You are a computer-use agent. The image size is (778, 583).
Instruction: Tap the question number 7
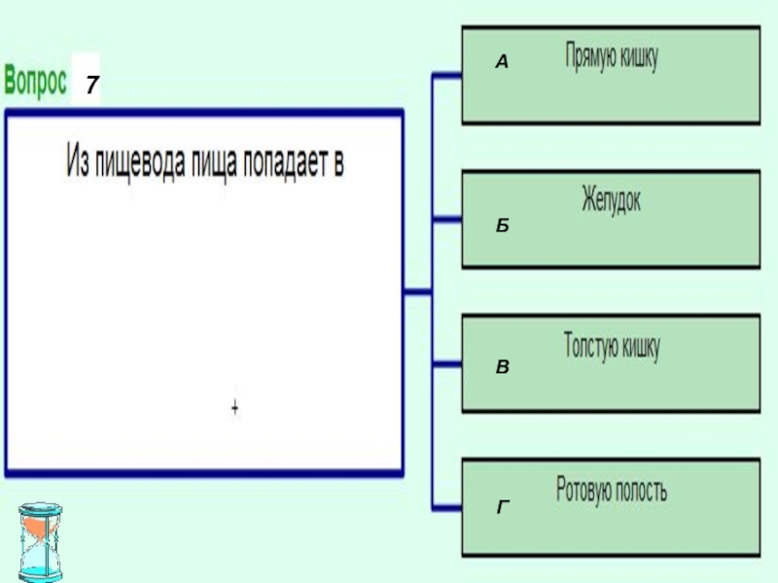[x=89, y=86]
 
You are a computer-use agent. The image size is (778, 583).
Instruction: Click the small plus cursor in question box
[x=234, y=407]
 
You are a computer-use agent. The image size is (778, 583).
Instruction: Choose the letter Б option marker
[x=502, y=224]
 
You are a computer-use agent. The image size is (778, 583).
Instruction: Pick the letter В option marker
[x=502, y=367]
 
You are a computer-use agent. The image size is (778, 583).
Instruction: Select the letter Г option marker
[x=503, y=507]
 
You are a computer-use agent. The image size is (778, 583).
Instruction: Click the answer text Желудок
[x=611, y=202]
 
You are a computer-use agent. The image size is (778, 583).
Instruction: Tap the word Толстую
[x=591, y=347]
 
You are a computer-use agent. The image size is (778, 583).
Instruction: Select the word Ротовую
[x=587, y=490]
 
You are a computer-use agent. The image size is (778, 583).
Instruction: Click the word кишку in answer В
[x=641, y=347]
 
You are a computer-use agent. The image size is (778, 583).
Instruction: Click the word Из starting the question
[x=77, y=159]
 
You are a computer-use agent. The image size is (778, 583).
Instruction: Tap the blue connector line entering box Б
[x=446, y=220]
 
